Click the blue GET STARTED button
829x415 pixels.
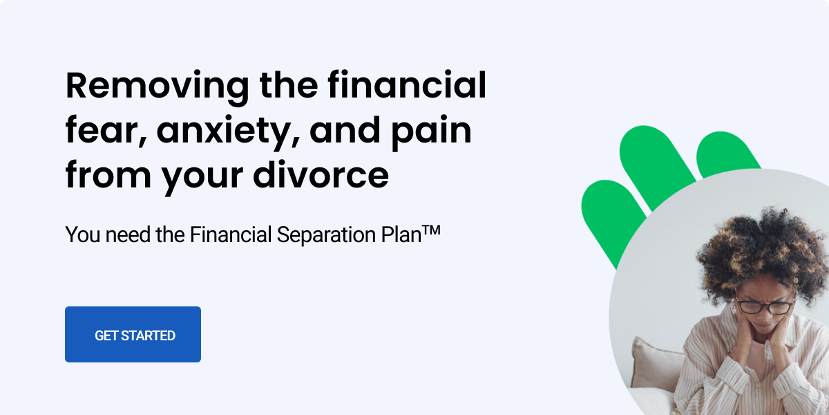pos(133,334)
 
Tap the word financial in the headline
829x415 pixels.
pos(407,85)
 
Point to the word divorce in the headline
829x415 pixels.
pos(321,174)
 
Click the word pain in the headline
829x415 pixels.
pos(431,133)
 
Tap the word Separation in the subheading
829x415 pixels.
pos(326,236)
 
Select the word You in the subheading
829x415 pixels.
pos(82,234)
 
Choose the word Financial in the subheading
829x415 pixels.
pos(231,234)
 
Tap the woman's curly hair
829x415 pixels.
pos(759,248)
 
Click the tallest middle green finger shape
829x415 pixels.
pos(657,167)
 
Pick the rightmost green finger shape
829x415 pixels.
pos(725,154)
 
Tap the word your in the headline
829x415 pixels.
pos(202,177)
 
